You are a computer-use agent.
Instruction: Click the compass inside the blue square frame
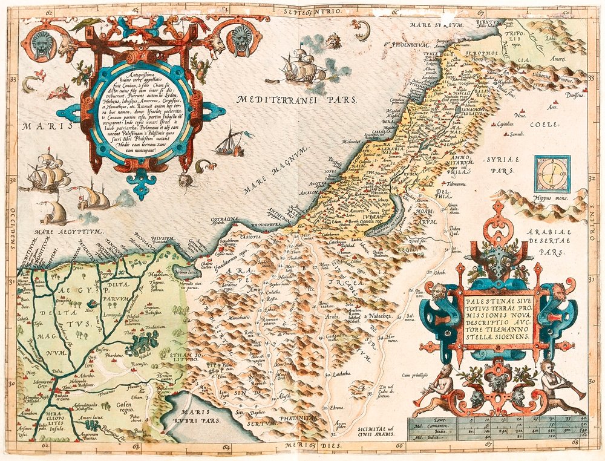coord(552,173)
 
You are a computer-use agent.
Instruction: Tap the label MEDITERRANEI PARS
coord(296,100)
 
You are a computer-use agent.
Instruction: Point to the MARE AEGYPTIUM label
coord(58,231)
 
